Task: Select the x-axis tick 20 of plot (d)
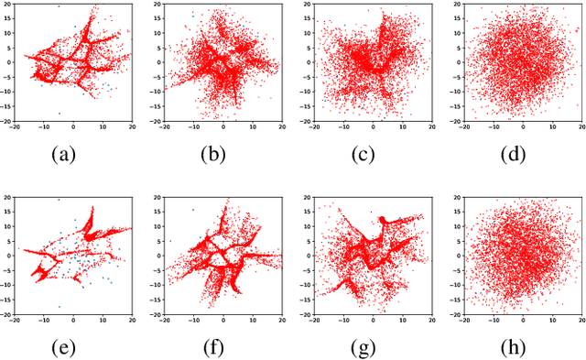tap(581, 127)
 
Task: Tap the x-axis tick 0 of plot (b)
tap(223, 127)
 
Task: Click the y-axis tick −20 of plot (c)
tap(304, 121)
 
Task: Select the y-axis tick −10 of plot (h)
tap(453, 285)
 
